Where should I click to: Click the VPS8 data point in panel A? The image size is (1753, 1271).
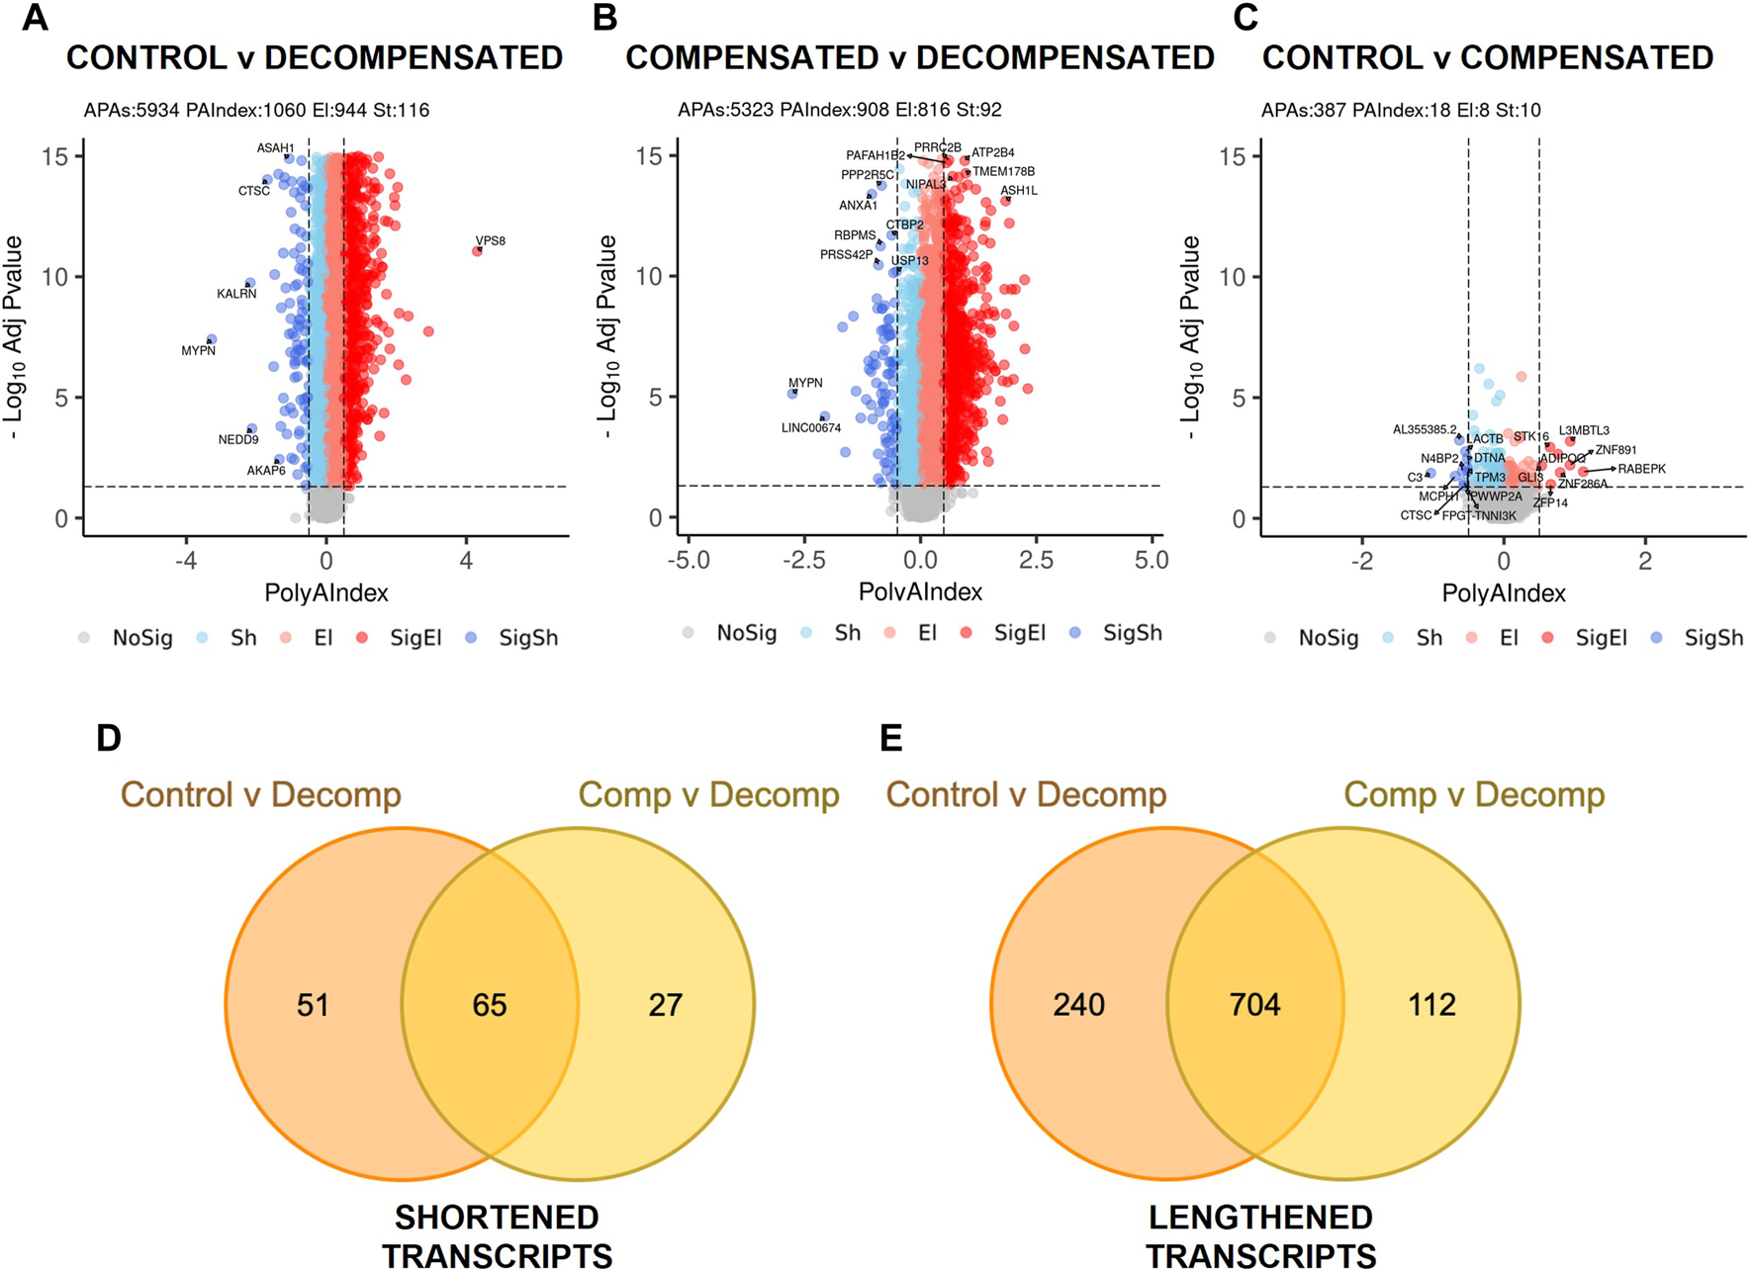pos(478,251)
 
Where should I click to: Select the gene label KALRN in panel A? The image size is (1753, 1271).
pos(236,294)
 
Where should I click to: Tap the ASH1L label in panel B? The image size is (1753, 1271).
pos(1019,191)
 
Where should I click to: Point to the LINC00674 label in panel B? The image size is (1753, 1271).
pos(811,428)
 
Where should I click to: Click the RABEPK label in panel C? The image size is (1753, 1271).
pos(1642,469)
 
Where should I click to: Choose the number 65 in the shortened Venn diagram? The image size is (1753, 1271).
pos(490,1005)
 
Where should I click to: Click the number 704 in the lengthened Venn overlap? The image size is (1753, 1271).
pos(1254,1005)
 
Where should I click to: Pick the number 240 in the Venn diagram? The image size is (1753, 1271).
pos(1078,1005)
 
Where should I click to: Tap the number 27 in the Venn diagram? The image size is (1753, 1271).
pos(666,1005)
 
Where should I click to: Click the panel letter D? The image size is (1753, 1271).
pos(109,738)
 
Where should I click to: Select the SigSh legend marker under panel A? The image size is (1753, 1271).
pos(471,638)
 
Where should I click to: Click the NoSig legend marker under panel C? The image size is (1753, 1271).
pos(1270,638)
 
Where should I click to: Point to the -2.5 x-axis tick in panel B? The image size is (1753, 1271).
pos(804,560)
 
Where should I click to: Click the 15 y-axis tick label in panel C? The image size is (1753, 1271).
pos(1232,156)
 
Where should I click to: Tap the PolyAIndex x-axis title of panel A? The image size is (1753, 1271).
pos(326,592)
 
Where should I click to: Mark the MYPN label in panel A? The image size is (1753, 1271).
pos(198,350)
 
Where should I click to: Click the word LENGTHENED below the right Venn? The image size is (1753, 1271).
pos(1260,1217)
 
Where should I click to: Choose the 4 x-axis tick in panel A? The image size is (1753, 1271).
pos(466,561)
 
